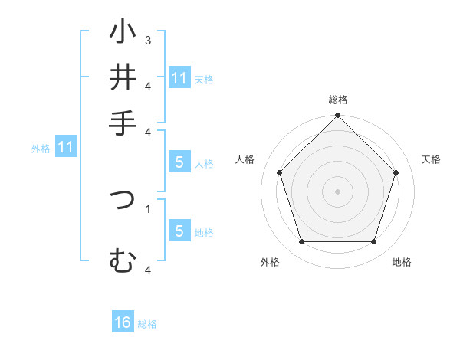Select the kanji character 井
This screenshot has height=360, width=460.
tap(123, 77)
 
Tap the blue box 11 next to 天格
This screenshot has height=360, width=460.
tap(179, 78)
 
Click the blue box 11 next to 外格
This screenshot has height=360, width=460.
tap(65, 147)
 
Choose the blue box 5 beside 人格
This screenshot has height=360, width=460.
tap(179, 162)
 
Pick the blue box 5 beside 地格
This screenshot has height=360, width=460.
tap(179, 231)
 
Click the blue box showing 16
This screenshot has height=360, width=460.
tap(123, 322)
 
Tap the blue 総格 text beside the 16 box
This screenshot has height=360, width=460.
tap(147, 324)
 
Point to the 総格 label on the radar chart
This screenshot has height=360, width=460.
tap(337, 100)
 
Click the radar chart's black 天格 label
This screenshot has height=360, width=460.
tap(432, 159)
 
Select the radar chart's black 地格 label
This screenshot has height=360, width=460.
tap(402, 262)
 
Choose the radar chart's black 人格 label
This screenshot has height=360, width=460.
tap(245, 159)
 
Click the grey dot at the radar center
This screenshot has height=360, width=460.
tap(337, 191)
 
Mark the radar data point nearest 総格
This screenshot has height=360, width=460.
tap(337, 117)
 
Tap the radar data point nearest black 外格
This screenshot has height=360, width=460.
tap(301, 242)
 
